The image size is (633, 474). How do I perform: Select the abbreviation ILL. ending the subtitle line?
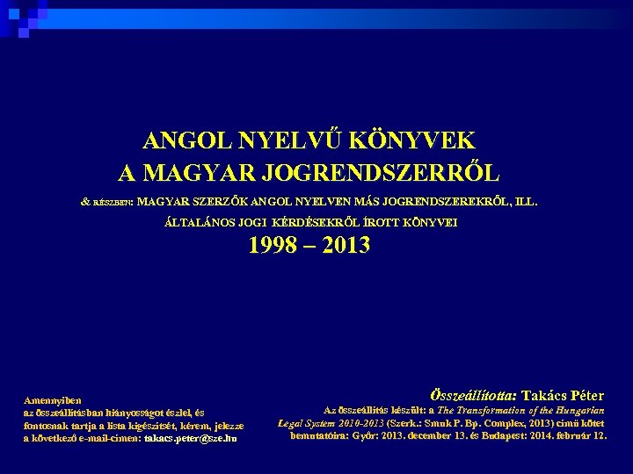tap(524, 201)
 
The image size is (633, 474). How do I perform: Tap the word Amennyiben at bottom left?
tap(53, 399)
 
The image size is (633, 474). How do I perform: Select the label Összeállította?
tap(474, 396)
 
